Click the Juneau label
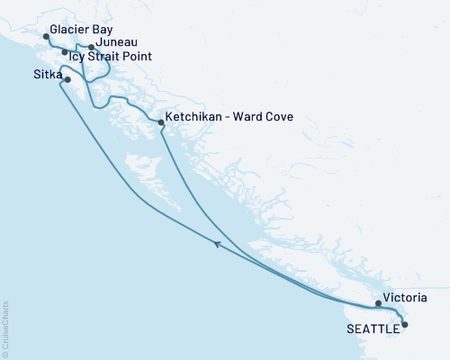tap(116, 41)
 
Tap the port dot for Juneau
tap(91, 47)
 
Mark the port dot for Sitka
tap(67, 79)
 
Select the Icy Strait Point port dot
tap(64, 52)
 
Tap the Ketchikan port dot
tap(161, 121)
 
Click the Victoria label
tap(404, 297)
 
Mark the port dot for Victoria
tap(378, 303)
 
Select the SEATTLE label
tap(373, 329)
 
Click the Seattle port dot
tap(404, 324)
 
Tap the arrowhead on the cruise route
tap(217, 242)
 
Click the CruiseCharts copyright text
tap(5, 328)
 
